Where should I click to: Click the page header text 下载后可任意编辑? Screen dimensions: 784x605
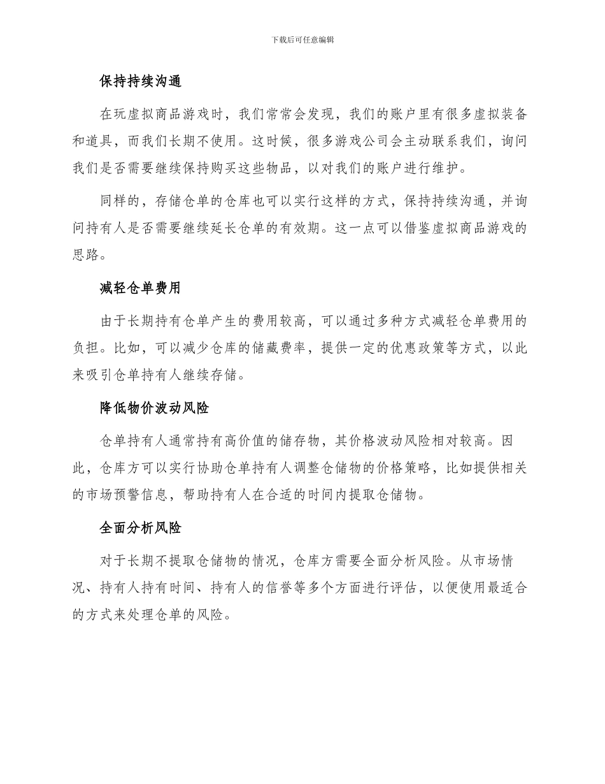302,40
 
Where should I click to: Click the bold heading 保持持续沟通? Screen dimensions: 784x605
140,82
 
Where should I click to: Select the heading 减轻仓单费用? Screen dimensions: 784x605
140,288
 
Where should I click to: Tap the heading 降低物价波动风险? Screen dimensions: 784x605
154,408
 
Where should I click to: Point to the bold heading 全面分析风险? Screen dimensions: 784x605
140,528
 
